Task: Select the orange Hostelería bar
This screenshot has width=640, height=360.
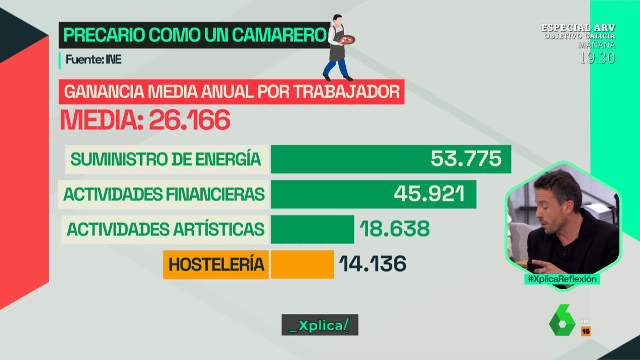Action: [302, 264]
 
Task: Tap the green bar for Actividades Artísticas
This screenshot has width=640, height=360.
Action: [312, 229]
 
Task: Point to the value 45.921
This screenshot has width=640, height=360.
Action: [429, 194]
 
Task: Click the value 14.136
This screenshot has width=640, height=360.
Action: [373, 264]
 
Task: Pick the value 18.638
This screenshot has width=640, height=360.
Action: [394, 229]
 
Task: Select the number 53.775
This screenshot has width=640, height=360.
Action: [466, 159]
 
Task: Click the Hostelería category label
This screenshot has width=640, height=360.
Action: [216, 264]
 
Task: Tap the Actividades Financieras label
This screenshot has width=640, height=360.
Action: [164, 194]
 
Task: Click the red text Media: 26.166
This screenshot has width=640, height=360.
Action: [145, 120]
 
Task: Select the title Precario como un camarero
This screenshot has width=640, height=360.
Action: [194, 35]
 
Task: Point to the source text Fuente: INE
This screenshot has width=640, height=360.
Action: [94, 60]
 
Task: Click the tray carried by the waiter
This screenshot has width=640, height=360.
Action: [347, 39]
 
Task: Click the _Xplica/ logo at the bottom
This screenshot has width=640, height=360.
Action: [319, 325]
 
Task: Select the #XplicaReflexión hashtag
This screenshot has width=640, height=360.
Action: [562, 279]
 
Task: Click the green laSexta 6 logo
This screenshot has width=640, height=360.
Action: [562, 320]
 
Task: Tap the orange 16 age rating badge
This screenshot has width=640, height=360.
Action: [586, 331]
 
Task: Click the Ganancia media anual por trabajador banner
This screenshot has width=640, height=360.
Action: [232, 92]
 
